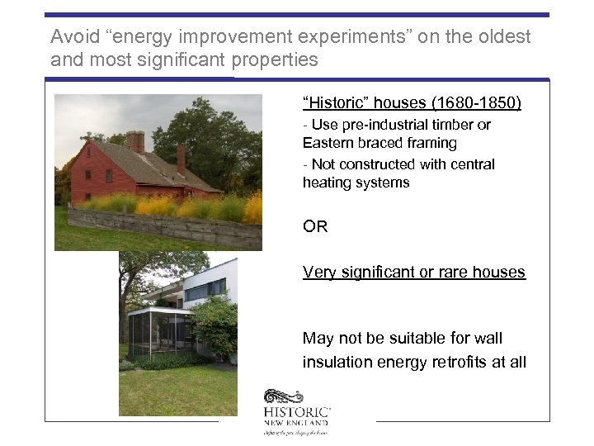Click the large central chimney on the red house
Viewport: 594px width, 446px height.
(x=135, y=141)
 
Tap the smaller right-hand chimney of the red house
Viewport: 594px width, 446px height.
(x=181, y=159)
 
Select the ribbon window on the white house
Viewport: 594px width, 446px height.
(x=205, y=290)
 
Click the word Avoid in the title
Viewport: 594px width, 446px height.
(x=72, y=37)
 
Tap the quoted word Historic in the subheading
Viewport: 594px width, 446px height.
(x=335, y=103)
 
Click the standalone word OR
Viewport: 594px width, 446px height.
(x=315, y=226)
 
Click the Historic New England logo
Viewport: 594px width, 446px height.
(x=297, y=410)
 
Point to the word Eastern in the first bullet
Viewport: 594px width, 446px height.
(x=328, y=143)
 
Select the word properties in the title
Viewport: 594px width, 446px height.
(x=279, y=59)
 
